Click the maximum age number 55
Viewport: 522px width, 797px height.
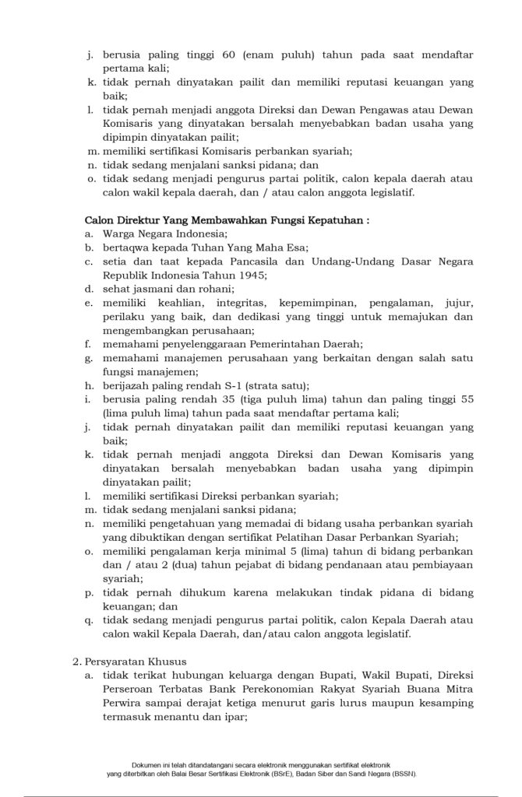465,398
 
